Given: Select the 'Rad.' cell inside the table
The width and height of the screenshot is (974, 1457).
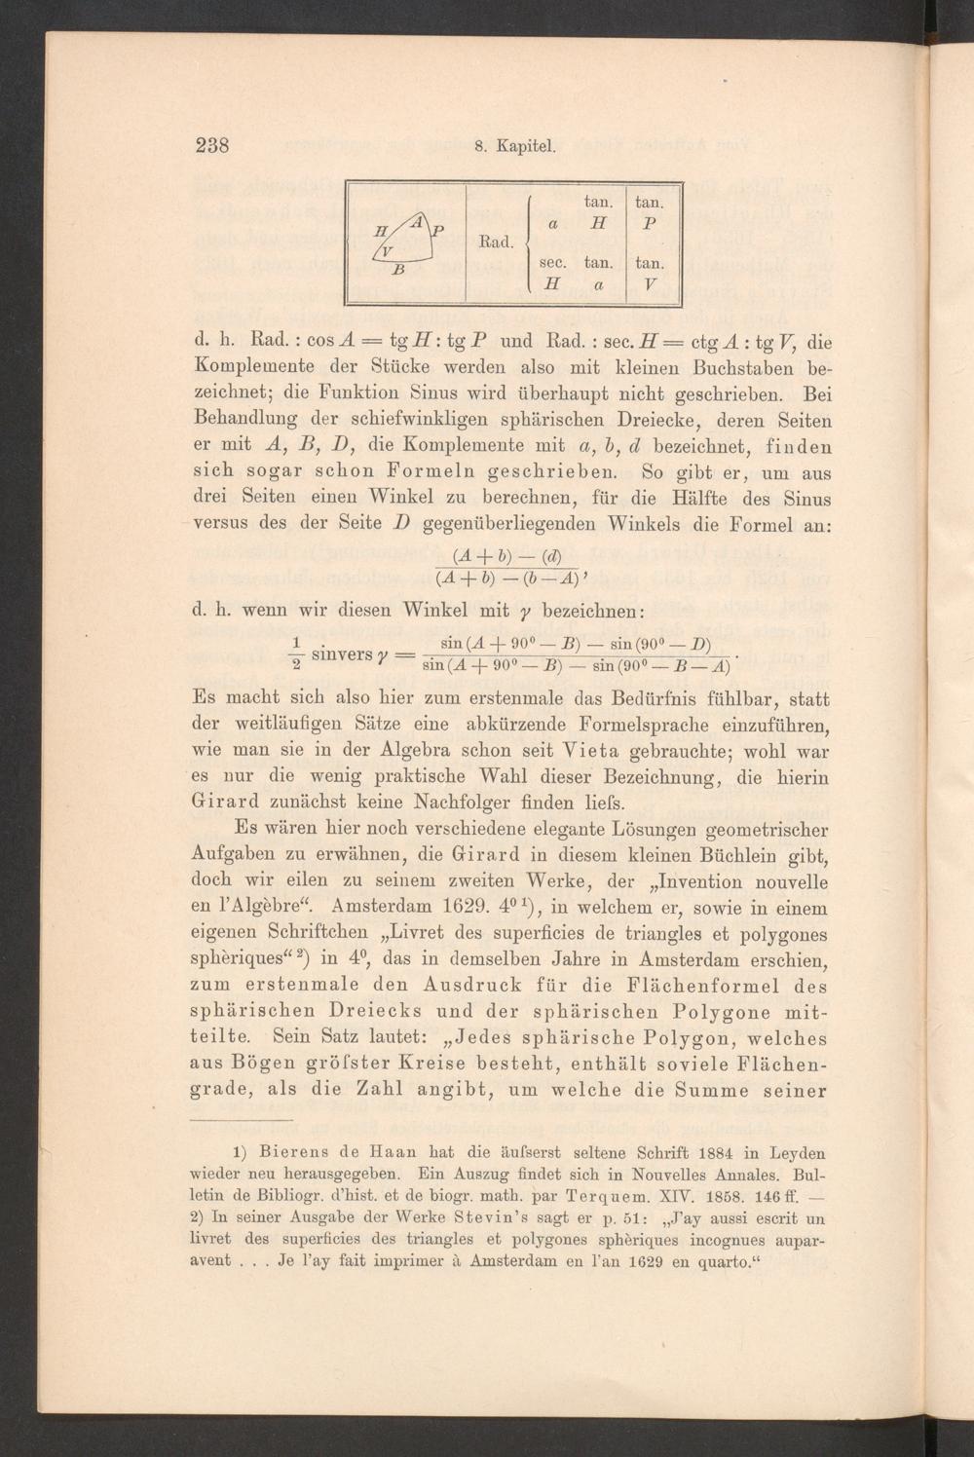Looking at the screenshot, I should tap(495, 240).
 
